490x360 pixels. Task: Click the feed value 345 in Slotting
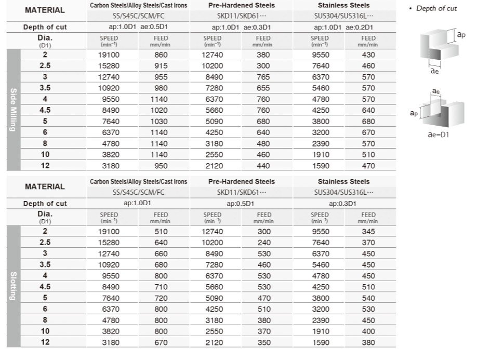pos(368,231)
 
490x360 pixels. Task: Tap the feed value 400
pos(368,331)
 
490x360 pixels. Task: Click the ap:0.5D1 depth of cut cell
pos(240,204)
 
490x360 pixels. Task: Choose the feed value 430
pos(368,55)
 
